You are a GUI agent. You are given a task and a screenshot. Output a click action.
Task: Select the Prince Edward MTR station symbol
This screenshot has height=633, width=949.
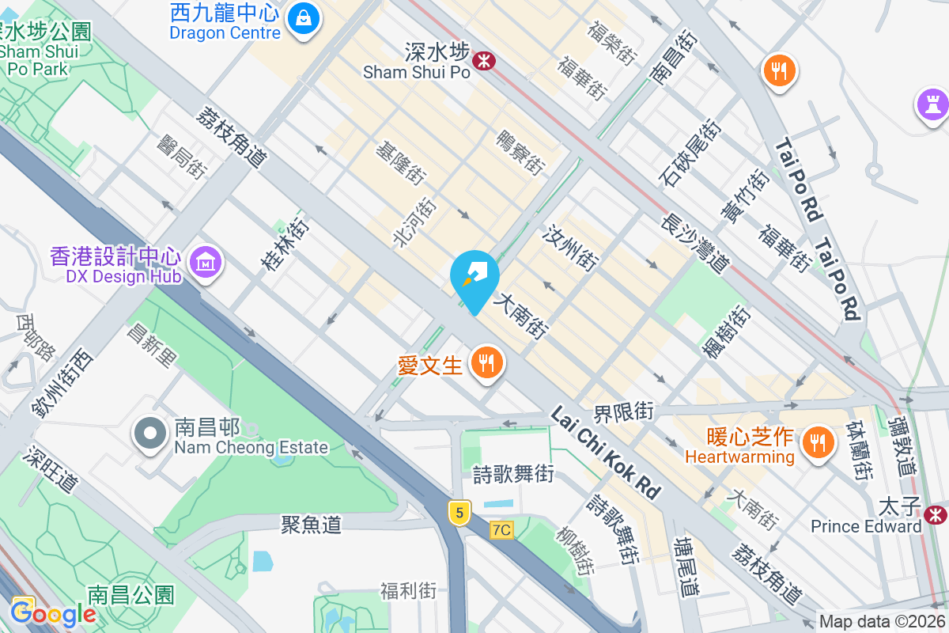(x=936, y=514)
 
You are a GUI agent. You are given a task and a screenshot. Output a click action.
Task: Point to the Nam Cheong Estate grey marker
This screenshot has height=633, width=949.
(x=149, y=434)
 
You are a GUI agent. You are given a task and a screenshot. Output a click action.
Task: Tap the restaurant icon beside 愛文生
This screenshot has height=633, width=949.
(x=486, y=363)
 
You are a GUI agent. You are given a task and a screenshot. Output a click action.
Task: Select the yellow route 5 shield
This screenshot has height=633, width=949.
(x=459, y=512)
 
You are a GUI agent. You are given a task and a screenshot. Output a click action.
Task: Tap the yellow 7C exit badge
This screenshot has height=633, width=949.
(x=501, y=529)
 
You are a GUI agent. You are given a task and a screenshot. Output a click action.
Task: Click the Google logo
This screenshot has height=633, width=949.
(x=53, y=613)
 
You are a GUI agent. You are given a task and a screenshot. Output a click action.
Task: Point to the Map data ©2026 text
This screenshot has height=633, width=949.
(x=883, y=622)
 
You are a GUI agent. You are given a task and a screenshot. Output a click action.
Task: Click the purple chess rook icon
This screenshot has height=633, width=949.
(x=933, y=104)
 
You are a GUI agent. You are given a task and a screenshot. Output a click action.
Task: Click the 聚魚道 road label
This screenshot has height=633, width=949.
(x=312, y=524)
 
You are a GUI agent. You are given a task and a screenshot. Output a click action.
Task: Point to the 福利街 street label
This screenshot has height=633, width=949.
(x=408, y=590)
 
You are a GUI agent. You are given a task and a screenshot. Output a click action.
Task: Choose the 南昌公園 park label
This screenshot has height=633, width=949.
(x=130, y=595)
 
